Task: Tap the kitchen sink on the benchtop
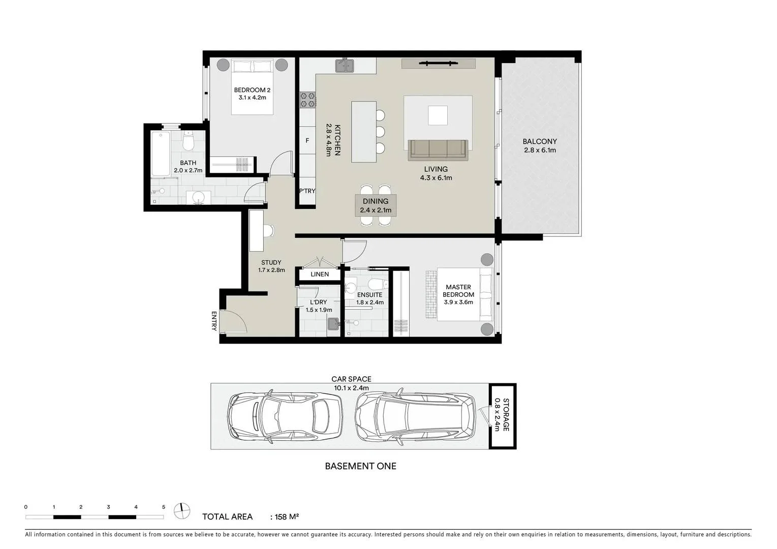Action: pos(345,66)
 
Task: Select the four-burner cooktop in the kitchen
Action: pos(307,100)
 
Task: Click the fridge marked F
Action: pos(307,140)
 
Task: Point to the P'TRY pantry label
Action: pos(307,191)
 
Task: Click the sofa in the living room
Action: pos(438,150)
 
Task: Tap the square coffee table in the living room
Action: pos(438,115)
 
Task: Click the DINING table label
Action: pos(376,201)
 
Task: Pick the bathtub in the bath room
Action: pos(161,154)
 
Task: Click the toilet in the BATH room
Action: pos(189,141)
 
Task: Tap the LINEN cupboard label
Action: pos(320,274)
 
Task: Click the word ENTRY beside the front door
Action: pos(213,321)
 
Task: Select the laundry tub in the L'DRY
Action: pos(333,324)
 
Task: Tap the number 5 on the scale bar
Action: pos(164,507)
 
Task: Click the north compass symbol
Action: pos(182,511)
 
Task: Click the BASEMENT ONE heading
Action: pos(360,466)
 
